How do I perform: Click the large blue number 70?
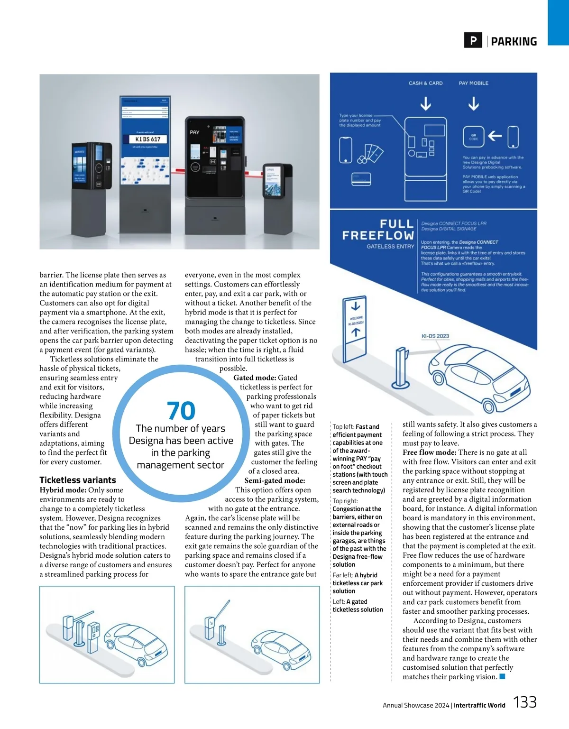(x=181, y=411)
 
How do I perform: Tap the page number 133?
(x=525, y=702)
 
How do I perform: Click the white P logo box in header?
(x=473, y=41)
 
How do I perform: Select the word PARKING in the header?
(x=514, y=42)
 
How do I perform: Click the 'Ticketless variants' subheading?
(x=78, y=480)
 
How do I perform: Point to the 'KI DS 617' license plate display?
(x=148, y=139)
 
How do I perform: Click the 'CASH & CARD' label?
(x=425, y=83)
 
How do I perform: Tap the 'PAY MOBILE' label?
(x=473, y=83)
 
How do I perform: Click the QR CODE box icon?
(x=473, y=137)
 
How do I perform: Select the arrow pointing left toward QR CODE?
(x=495, y=136)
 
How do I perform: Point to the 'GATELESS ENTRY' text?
(x=390, y=247)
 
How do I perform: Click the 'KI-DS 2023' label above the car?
(x=435, y=336)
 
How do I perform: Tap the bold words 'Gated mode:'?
(x=255, y=378)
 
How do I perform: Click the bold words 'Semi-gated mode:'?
(x=275, y=480)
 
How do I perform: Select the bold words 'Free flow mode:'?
(x=430, y=452)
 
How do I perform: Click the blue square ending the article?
(x=503, y=677)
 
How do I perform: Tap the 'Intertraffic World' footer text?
(x=479, y=705)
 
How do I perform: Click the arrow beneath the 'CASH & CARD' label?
(x=426, y=103)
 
